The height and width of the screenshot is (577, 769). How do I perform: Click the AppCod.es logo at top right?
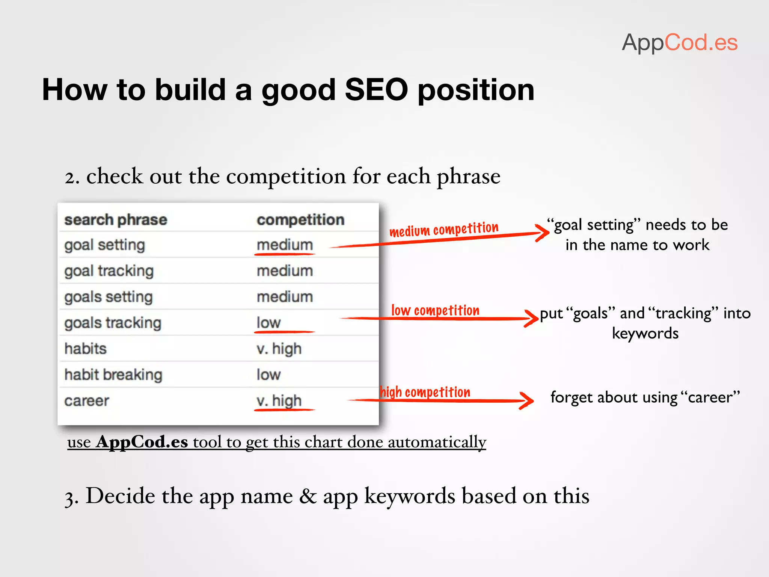[x=679, y=42]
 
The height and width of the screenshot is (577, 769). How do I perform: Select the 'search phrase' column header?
[x=116, y=220]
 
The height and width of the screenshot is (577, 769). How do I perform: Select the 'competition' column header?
[x=300, y=220]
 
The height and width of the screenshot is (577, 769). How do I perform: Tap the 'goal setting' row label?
[x=105, y=245]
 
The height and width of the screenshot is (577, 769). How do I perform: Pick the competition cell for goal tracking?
[x=285, y=271]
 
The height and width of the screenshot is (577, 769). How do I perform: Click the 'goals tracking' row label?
[x=113, y=323]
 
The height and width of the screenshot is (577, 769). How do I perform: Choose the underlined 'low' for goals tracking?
[x=268, y=323]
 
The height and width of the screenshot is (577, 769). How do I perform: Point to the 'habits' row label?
[x=86, y=349]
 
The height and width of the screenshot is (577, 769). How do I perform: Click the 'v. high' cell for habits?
[x=279, y=349]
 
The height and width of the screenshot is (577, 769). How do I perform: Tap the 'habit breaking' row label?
[x=113, y=375]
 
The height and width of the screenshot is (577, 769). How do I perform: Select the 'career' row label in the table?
[x=87, y=400]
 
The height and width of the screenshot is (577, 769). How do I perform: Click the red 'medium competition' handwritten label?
[x=444, y=229]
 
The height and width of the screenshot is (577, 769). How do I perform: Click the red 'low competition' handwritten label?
[x=435, y=311]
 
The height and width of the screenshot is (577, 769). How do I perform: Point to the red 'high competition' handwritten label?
[x=425, y=392]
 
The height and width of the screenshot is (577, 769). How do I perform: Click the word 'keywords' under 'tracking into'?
[x=645, y=333]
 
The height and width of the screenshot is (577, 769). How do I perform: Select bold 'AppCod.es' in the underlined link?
[x=142, y=442]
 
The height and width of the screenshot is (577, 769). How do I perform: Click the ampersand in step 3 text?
[x=308, y=496]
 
